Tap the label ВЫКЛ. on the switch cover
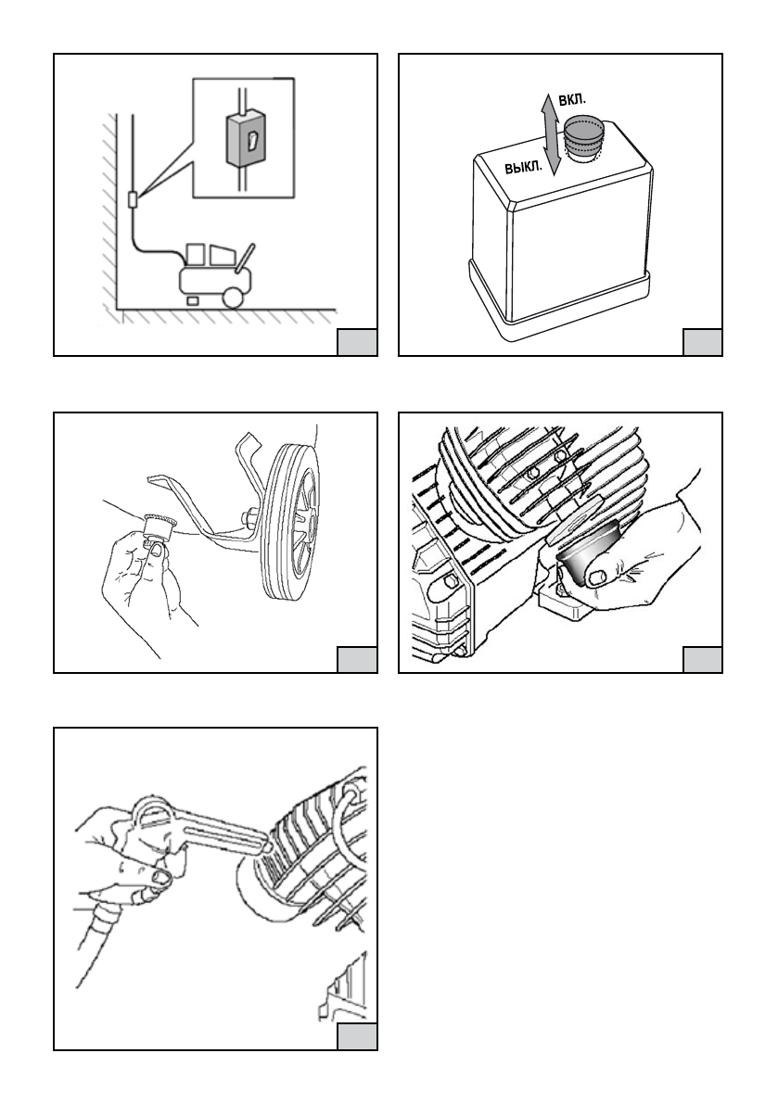(x=524, y=167)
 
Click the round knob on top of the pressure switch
(x=584, y=136)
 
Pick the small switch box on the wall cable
(x=133, y=198)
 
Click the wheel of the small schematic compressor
(x=233, y=297)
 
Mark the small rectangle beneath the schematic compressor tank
(x=192, y=300)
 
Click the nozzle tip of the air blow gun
(x=268, y=845)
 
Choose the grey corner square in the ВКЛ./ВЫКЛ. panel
(x=702, y=341)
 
